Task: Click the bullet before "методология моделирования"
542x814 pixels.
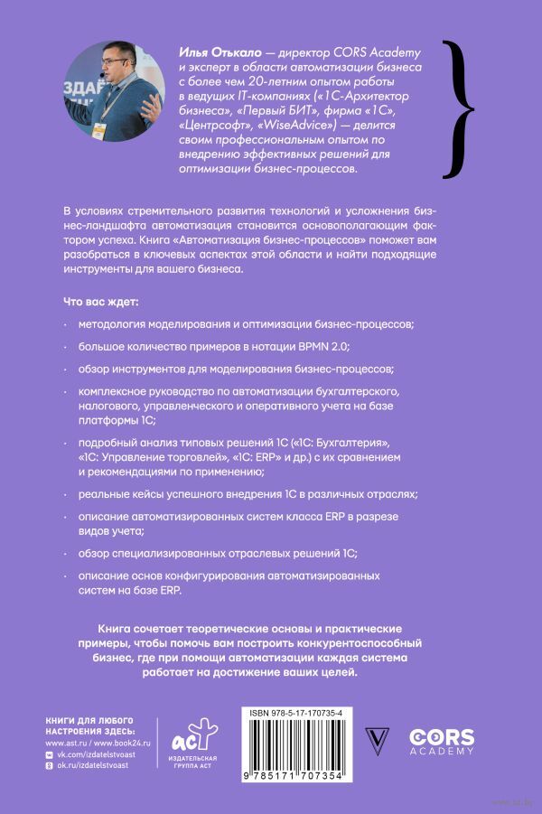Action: point(66,323)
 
